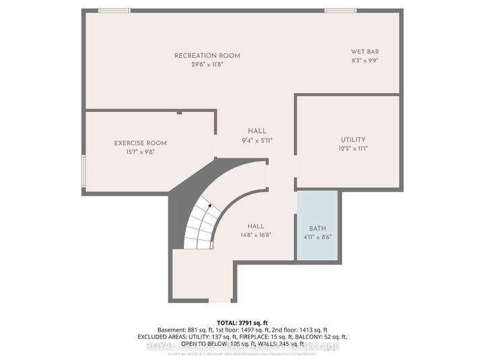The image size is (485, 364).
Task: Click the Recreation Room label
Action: click(207, 55)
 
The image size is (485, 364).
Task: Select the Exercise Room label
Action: click(140, 143)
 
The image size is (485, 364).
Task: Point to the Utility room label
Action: click(352, 139)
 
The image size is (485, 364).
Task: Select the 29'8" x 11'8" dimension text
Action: click(207, 64)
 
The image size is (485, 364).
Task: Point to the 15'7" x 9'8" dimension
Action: click(140, 152)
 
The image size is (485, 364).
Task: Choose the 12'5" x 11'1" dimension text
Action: click(352, 148)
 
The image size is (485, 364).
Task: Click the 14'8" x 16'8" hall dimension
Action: click(255, 235)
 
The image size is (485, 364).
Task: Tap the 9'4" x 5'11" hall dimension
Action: click(257, 140)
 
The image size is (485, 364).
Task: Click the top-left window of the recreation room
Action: click(114, 11)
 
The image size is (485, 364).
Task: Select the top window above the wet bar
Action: click(340, 11)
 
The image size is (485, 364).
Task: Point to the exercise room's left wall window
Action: click(84, 171)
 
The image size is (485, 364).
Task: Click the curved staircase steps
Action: click(200, 226)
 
